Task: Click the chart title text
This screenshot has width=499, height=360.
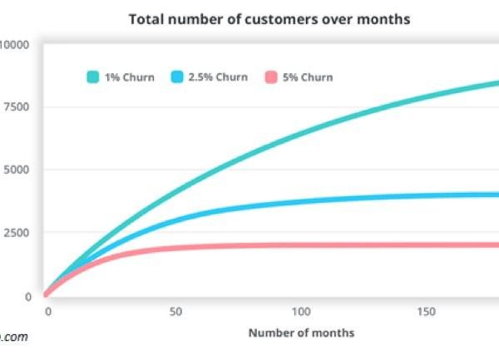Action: point(269,19)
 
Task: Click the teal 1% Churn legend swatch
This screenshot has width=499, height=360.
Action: point(93,77)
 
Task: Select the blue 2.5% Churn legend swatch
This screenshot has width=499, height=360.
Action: point(177,77)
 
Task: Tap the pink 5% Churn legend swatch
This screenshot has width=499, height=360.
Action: point(269,77)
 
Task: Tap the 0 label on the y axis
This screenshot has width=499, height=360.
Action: point(27,296)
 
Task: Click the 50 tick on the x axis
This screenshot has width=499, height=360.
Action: point(175,312)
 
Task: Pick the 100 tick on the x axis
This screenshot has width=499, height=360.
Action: point(301,312)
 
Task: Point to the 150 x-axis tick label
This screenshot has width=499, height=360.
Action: point(427,312)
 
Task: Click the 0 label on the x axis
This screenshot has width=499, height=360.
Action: point(48,312)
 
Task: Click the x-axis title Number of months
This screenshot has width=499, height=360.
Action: point(301,333)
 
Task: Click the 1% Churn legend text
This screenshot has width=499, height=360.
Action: point(129,77)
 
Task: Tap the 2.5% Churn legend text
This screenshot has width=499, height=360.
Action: point(218,77)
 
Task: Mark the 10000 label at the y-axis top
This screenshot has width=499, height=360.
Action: point(13,44)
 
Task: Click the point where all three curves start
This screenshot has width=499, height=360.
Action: point(47,293)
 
